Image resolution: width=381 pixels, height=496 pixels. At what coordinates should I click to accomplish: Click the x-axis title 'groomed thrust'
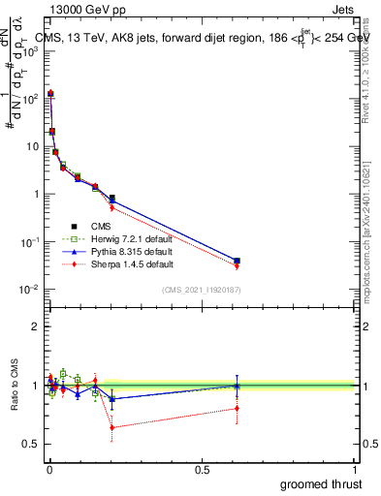[x=321, y=482]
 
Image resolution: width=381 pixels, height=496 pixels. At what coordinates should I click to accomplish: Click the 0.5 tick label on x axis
[x=202, y=470]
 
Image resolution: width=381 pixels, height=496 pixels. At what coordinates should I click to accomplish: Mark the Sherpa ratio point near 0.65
[x=112, y=427]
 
